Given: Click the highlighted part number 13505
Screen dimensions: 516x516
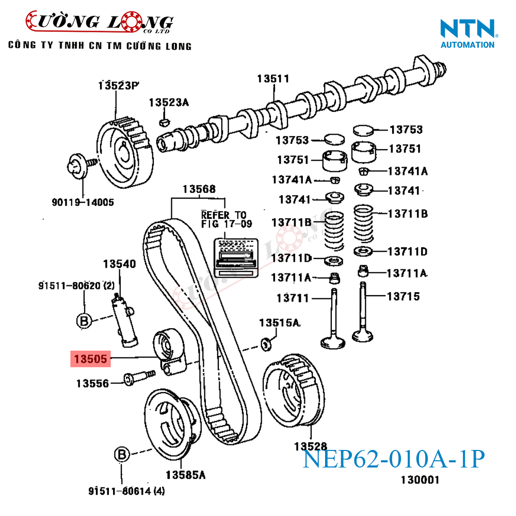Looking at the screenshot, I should [91, 359].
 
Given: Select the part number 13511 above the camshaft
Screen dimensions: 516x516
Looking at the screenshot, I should [273, 78].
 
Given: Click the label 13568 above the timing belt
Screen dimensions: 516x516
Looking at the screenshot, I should [199, 189].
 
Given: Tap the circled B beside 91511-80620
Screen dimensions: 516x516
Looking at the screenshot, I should [84, 321].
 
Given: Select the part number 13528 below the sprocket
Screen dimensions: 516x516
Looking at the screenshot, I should [311, 446].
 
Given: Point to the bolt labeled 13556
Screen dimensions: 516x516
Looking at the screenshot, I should [138, 379].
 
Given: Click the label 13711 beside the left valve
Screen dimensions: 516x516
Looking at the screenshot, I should [293, 298].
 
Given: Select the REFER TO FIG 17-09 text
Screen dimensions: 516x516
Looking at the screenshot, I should [223, 219].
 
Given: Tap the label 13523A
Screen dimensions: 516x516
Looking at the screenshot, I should [169, 102].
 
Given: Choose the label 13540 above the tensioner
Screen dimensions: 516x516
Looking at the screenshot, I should [119, 264].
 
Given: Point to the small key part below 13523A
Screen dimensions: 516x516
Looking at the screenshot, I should [165, 122].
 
